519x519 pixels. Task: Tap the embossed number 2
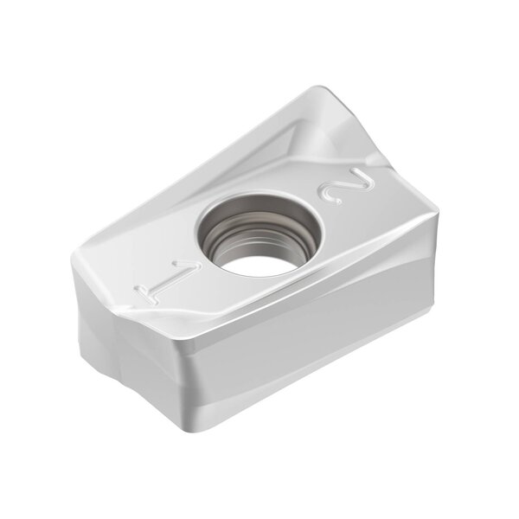point(346,185)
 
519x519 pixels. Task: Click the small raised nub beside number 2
point(375,161)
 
